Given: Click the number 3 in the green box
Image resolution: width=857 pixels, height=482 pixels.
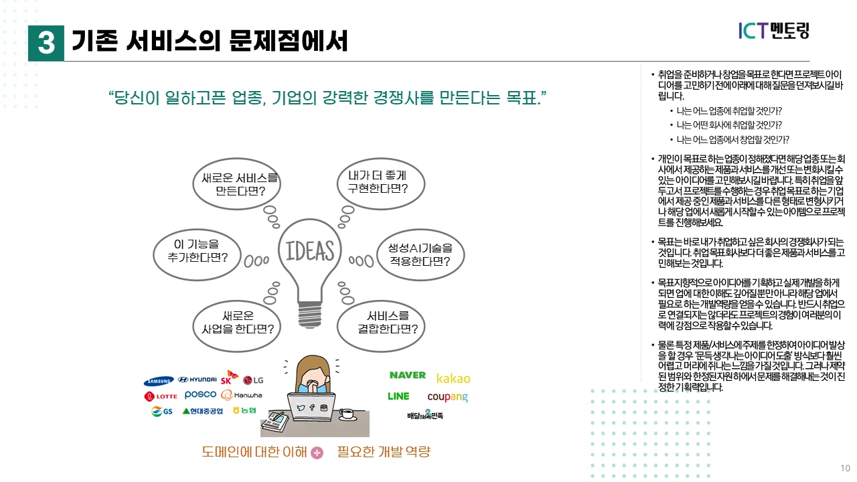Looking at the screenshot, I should pyautogui.click(x=46, y=44).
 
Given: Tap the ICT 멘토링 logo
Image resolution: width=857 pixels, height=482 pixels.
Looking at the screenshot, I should pyautogui.click(x=773, y=30).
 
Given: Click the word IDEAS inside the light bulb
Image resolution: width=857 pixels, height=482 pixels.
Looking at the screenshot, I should pyautogui.click(x=310, y=250).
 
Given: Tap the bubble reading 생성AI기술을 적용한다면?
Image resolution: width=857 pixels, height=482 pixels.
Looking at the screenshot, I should pyautogui.click(x=420, y=254).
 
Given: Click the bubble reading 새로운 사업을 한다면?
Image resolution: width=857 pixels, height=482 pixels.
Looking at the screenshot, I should pyautogui.click(x=238, y=322).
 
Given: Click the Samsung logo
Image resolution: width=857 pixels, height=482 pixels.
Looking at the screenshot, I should pyautogui.click(x=159, y=381).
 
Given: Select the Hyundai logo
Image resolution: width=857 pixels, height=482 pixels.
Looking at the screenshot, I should pyautogui.click(x=198, y=380).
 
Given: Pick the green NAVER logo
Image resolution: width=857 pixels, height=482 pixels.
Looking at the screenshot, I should pyautogui.click(x=407, y=375).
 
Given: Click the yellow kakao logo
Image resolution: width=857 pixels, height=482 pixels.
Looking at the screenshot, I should pyautogui.click(x=453, y=379).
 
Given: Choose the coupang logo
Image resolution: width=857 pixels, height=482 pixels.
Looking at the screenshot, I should pyautogui.click(x=447, y=397).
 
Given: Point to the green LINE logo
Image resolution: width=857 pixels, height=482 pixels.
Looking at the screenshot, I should pyautogui.click(x=398, y=396).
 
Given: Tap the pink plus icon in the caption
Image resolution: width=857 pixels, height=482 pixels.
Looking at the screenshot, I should pyautogui.click(x=317, y=453).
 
